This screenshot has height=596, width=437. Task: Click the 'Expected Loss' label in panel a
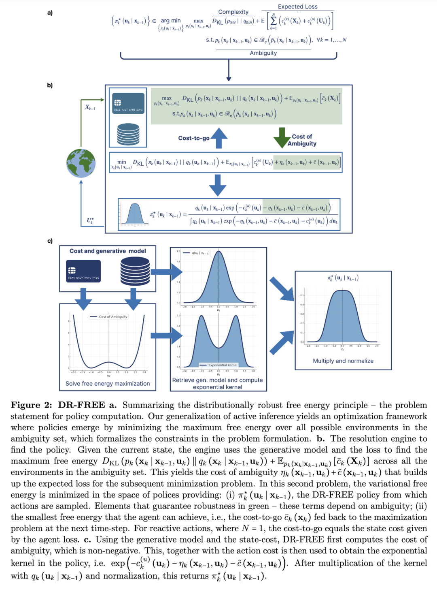click(297, 6)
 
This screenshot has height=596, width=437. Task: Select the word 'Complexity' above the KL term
click(233, 12)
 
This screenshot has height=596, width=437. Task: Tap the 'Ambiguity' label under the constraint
click(263, 53)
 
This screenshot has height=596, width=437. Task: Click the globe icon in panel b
click(81, 163)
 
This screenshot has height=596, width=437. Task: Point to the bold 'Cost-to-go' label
click(193, 138)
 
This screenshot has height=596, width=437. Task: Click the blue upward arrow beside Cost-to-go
click(219, 138)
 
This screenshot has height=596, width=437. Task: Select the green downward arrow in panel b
click(282, 138)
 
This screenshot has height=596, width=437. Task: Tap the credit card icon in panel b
click(128, 103)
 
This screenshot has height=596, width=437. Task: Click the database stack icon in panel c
click(135, 271)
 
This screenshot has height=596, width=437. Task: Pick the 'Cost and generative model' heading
click(108, 251)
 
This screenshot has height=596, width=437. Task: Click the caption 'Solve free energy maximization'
click(108, 384)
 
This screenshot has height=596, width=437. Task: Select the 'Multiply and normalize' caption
click(343, 361)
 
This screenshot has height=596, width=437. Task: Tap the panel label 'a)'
click(50, 13)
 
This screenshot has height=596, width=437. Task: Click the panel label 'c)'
click(50, 241)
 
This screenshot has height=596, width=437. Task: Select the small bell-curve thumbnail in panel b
click(135, 214)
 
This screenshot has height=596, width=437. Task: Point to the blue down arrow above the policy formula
click(218, 185)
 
